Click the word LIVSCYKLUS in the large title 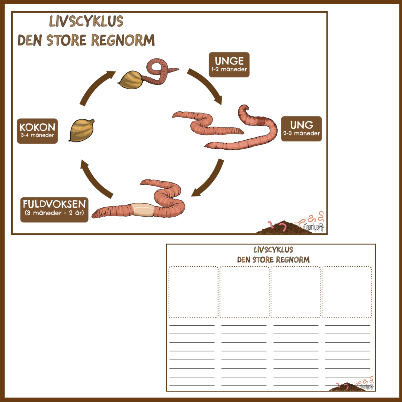[86, 21]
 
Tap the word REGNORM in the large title [123, 40]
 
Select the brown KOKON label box [38, 131]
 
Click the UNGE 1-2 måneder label [229, 65]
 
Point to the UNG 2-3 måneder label [301, 129]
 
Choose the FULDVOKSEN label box [54, 210]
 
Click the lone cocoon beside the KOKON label [81, 130]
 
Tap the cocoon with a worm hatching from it [130, 80]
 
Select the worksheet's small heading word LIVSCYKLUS [273, 250]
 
